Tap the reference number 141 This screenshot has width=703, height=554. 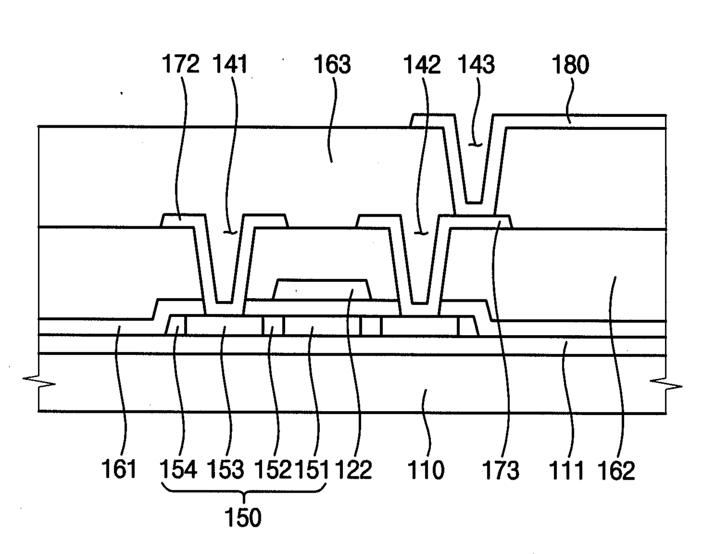tap(231, 65)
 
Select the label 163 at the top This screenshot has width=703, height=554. tap(332, 65)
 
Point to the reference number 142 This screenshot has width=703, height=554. tap(422, 65)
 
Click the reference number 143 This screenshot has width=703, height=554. tap(476, 65)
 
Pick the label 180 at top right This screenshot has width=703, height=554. tap(570, 65)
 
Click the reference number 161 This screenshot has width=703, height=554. tap(118, 470)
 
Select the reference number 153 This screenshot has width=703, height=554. tap(225, 470)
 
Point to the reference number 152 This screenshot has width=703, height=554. tap(272, 470)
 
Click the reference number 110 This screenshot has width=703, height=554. tap(426, 470)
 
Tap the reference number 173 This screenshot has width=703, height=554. tap(500, 470)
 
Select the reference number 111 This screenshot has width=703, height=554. tap(567, 470)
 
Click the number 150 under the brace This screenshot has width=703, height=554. tap(244, 517)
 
